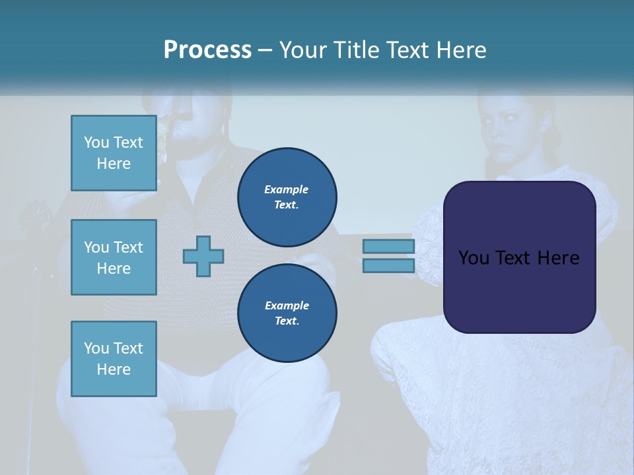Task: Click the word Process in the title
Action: click(207, 50)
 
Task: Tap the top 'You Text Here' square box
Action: click(114, 153)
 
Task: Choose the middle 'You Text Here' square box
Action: click(114, 257)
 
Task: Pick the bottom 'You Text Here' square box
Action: click(114, 358)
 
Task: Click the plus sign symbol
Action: click(203, 256)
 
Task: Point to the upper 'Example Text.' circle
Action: click(287, 197)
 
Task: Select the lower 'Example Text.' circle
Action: click(287, 313)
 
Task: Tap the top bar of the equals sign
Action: click(388, 247)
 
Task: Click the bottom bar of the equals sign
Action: click(388, 266)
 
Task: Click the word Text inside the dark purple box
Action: click(519, 258)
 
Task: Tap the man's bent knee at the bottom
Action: click(297, 376)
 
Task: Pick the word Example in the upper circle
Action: click(286, 189)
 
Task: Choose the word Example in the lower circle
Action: click(287, 305)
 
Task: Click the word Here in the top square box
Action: click(114, 164)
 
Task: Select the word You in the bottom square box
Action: click(96, 348)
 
